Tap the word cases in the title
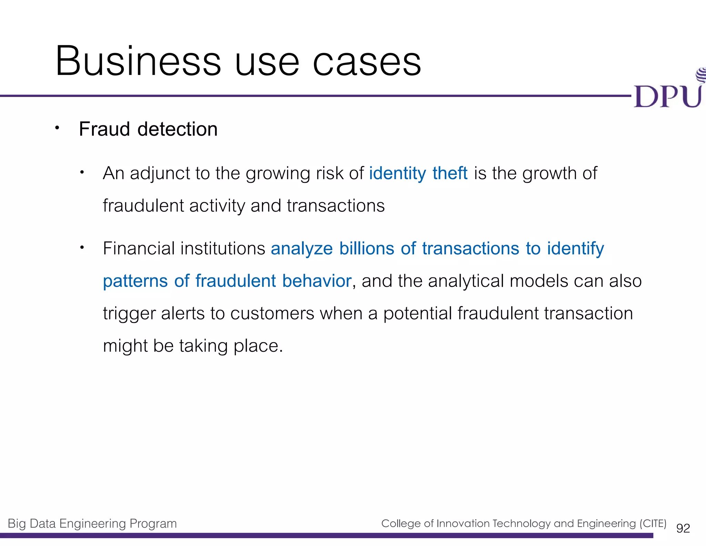pyautogui.click(x=367, y=62)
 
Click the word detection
pyautogui.click(x=178, y=129)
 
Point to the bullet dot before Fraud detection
pyautogui.click(x=57, y=128)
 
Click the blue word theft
pyautogui.click(x=450, y=173)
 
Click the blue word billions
pyautogui.click(x=366, y=248)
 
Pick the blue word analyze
pyautogui.click(x=302, y=249)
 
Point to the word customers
pyautogui.click(x=272, y=313)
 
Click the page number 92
pyautogui.click(x=683, y=528)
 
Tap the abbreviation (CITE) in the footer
pyautogui.click(x=653, y=524)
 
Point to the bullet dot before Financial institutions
pyautogui.click(x=82, y=247)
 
